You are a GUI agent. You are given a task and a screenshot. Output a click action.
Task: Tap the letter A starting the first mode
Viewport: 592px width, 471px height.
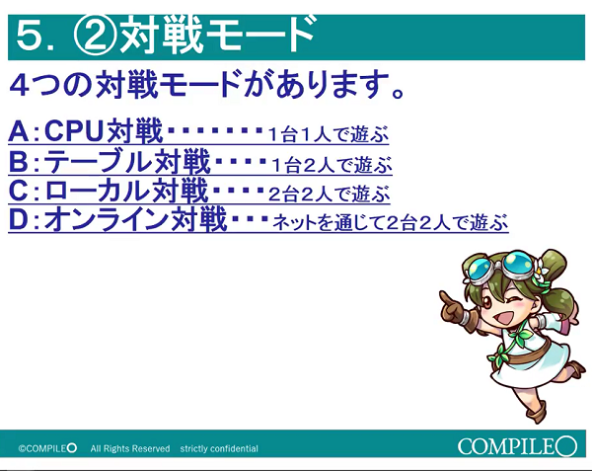tap(19, 131)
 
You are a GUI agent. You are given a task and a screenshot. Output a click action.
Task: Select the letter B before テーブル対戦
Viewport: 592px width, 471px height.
tap(19, 160)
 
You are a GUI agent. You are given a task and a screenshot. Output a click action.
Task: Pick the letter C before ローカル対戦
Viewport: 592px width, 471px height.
tap(19, 189)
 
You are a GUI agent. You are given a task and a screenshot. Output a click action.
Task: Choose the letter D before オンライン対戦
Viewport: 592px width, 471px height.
tap(19, 218)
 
